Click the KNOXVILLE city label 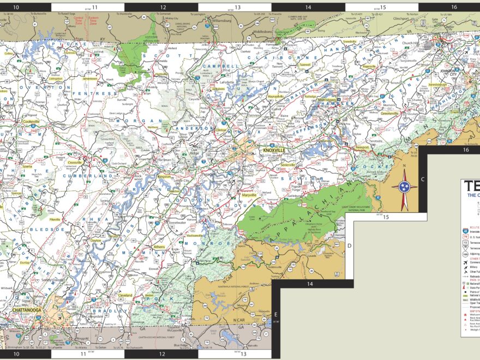(274, 150)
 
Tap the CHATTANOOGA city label (28, 310)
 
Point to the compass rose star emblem (404, 187)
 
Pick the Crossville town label (75, 163)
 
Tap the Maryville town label (249, 195)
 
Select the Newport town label (363, 147)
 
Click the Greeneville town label (390, 114)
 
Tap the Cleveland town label (126, 295)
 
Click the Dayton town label (96, 240)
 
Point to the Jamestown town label (90, 79)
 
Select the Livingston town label (56, 79)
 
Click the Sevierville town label (288, 164)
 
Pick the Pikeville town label (55, 219)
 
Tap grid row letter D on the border (350, 245)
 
